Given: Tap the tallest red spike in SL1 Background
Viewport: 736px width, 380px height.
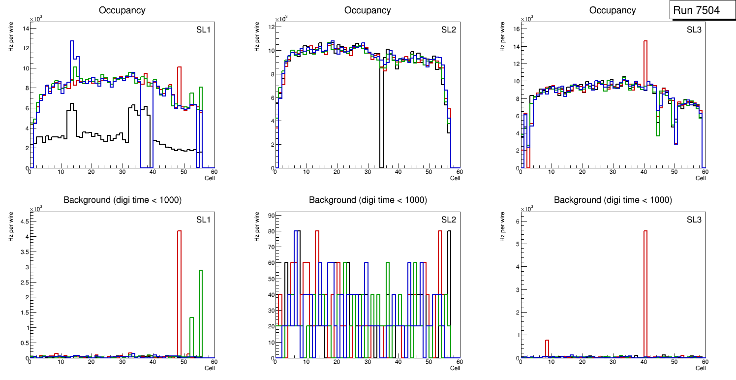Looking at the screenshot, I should [x=180, y=276].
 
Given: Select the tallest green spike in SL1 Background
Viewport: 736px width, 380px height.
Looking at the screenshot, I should [x=201, y=305].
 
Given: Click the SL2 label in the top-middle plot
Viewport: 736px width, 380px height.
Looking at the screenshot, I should [x=449, y=30].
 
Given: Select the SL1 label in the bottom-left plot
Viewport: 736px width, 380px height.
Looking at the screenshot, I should [x=203, y=220].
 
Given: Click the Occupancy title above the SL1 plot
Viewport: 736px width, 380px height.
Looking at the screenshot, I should [x=122, y=10].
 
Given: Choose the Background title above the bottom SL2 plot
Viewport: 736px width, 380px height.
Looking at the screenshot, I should [x=368, y=200].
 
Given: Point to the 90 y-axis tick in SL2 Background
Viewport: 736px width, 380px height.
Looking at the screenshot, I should [x=271, y=215].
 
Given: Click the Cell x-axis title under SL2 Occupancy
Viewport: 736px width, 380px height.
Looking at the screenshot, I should [x=455, y=178].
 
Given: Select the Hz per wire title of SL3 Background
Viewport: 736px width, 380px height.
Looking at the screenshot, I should [x=503, y=226].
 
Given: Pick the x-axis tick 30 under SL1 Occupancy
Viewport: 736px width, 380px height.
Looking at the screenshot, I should [x=122, y=172].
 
